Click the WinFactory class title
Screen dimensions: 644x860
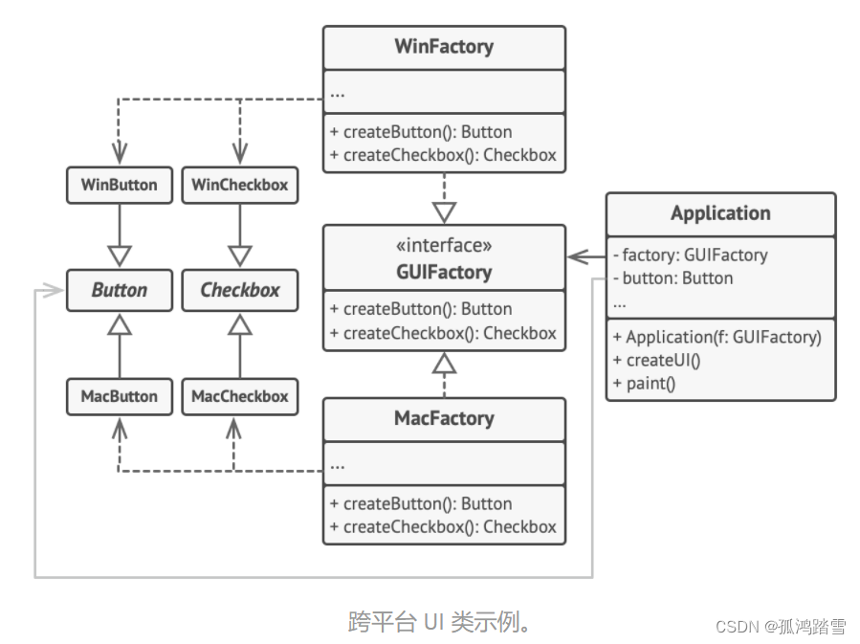(444, 47)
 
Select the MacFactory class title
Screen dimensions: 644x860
(444, 418)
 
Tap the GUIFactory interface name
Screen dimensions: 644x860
(444, 272)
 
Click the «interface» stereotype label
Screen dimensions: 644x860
(444, 246)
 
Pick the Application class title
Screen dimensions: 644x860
(720, 213)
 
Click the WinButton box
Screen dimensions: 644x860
(120, 185)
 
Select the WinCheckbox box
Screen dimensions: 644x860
(239, 185)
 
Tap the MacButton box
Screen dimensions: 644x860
(120, 396)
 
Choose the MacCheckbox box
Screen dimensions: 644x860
(239, 396)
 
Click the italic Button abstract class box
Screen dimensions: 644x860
(120, 290)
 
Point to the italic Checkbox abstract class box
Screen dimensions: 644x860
(239, 290)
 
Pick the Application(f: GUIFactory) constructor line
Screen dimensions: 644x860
(717, 337)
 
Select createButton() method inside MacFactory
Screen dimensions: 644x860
(420, 503)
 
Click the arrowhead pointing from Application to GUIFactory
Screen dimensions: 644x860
(575, 255)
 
